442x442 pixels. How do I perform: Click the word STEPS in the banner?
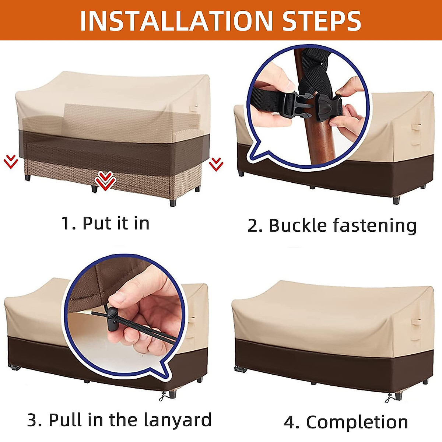click(322, 21)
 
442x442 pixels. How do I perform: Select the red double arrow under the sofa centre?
click(105, 181)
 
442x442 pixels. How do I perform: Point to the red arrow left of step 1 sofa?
click(11, 162)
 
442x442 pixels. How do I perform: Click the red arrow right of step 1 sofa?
click(216, 164)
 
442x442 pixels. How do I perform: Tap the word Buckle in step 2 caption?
click(298, 226)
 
